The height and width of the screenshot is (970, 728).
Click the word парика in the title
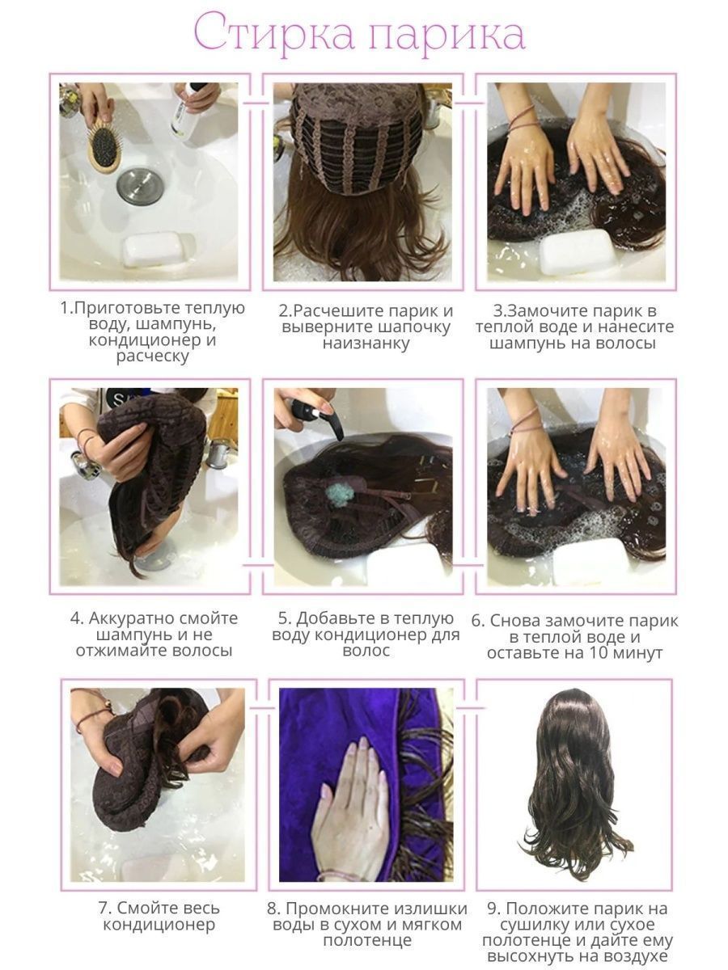point(447,36)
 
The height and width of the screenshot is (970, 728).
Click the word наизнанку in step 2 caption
point(366,344)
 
